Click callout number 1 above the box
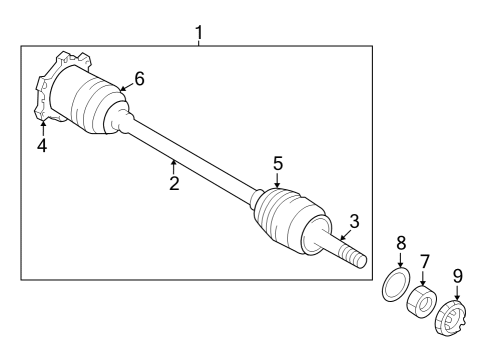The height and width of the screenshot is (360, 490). click(x=198, y=32)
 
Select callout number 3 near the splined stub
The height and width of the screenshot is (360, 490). click(x=353, y=222)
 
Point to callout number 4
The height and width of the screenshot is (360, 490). click(x=42, y=146)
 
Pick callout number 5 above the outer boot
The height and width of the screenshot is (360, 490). click(x=278, y=161)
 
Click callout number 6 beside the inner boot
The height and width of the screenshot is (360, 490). click(x=139, y=79)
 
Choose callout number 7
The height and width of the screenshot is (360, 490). click(x=425, y=263)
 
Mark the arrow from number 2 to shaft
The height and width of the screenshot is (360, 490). click(x=173, y=164)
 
